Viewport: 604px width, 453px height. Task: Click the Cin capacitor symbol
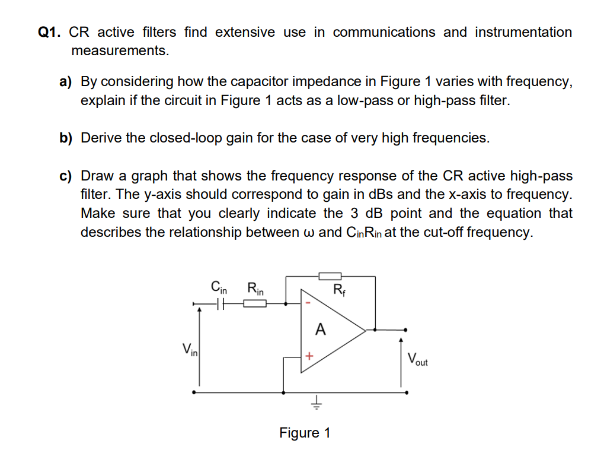pyautogui.click(x=220, y=305)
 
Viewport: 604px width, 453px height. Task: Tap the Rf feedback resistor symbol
pyautogui.click(x=330, y=275)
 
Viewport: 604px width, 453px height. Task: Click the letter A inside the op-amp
pyautogui.click(x=321, y=330)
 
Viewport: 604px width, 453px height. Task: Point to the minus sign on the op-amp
pyautogui.click(x=308, y=303)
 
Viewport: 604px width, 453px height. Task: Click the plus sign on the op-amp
pyautogui.click(x=308, y=356)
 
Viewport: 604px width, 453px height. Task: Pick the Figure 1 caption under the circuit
pyautogui.click(x=305, y=433)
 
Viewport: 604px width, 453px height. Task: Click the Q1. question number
pyautogui.click(x=50, y=33)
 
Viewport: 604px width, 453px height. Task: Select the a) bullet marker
pyautogui.click(x=65, y=81)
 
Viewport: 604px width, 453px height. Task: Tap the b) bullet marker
pyautogui.click(x=65, y=138)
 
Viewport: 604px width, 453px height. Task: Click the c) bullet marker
pyautogui.click(x=65, y=176)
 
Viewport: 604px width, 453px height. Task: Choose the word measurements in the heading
pyautogui.click(x=120, y=51)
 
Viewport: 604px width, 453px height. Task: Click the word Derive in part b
pyautogui.click(x=101, y=138)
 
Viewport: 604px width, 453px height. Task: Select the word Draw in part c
pyautogui.click(x=97, y=176)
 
